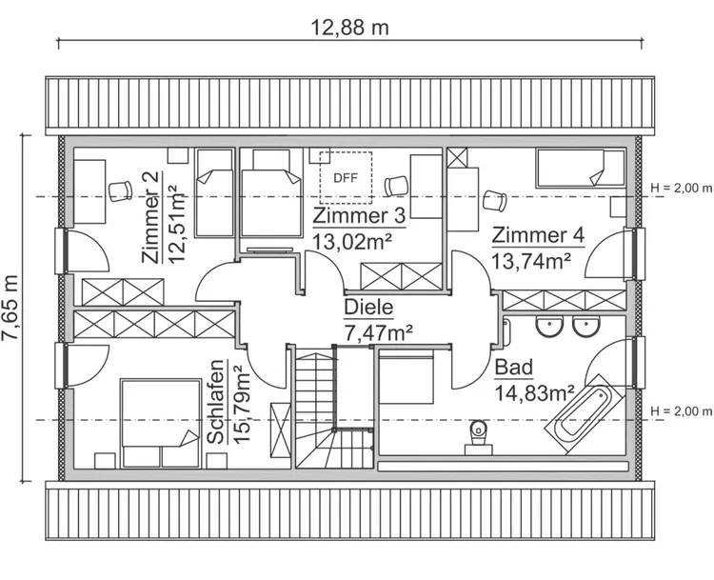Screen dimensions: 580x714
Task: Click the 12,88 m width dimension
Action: (x=350, y=27)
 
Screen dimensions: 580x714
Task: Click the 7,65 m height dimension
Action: (x=11, y=309)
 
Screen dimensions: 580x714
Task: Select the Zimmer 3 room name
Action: (x=359, y=216)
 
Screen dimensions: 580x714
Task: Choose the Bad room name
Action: (x=513, y=368)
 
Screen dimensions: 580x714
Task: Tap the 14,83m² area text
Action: (x=533, y=390)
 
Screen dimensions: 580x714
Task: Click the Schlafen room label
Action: (x=217, y=402)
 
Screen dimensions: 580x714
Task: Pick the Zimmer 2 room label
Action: (x=150, y=217)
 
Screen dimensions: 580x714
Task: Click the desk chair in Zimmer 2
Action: (x=119, y=190)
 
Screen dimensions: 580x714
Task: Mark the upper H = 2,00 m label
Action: (x=679, y=188)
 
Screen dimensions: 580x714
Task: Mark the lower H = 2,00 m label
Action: (x=679, y=411)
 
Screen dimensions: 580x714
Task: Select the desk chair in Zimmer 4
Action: (x=495, y=200)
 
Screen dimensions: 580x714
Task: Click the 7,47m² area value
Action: (x=377, y=331)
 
